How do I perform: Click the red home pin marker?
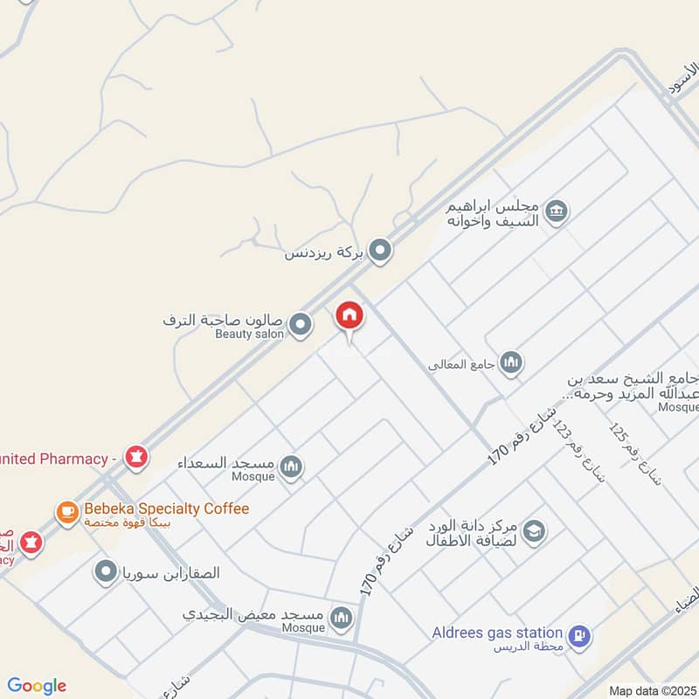(349, 316)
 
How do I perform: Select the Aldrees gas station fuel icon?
(578, 637)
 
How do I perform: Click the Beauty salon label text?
(250, 334)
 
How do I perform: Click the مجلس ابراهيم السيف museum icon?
(556, 211)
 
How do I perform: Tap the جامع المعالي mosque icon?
(511, 363)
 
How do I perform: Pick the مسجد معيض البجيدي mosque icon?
(342, 619)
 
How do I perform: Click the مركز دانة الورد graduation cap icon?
(534, 530)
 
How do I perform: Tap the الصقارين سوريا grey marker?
(107, 572)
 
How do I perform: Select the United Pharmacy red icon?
(135, 457)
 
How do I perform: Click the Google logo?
(37, 686)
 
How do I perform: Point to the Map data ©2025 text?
(652, 690)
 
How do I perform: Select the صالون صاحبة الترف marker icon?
(301, 325)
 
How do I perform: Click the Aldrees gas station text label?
(497, 632)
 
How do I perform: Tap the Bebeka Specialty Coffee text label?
(166, 509)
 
